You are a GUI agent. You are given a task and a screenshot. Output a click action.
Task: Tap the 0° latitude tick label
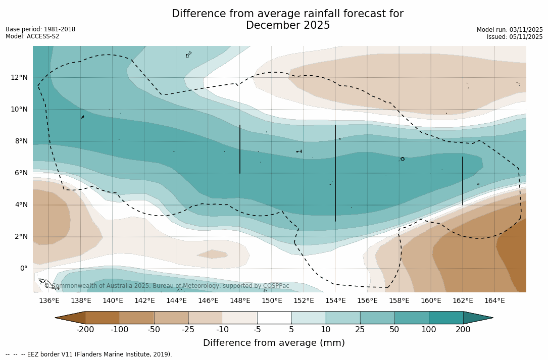[23, 268]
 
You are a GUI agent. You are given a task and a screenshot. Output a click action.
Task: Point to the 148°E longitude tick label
[240, 301]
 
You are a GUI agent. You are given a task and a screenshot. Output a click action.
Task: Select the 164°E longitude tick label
[494, 301]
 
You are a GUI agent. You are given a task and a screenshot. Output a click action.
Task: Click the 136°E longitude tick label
[49, 301]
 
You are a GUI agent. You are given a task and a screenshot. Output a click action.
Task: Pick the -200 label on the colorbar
[85, 330]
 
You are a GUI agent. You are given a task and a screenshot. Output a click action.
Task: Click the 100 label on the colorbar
[429, 330]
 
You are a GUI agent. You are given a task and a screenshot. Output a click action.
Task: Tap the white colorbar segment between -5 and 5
[274, 318]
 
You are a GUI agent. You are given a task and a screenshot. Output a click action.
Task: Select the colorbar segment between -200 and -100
[103, 318]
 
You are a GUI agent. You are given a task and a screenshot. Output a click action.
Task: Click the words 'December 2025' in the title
[288, 25]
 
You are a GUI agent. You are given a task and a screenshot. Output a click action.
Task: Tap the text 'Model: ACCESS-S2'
[32, 36]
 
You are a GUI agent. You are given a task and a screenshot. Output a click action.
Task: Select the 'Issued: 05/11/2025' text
[515, 37]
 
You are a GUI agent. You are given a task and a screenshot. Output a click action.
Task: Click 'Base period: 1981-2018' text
[40, 29]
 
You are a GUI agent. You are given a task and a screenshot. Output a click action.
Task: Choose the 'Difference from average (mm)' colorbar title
[274, 343]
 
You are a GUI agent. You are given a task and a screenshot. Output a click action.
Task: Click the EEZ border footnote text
[89, 354]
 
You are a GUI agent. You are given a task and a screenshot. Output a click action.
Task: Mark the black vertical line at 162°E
[463, 181]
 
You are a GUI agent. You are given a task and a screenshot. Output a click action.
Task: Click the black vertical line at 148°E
[240, 149]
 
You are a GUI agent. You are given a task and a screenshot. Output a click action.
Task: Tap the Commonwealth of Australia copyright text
[167, 286]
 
